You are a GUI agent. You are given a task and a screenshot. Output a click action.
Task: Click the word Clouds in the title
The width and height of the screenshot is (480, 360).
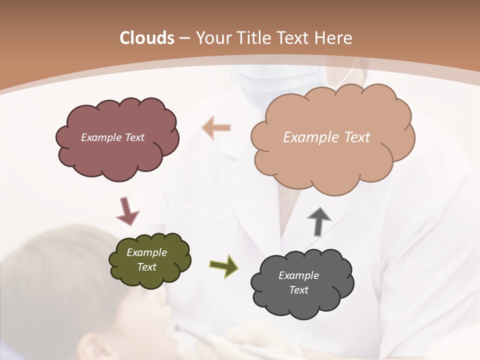click(x=146, y=38)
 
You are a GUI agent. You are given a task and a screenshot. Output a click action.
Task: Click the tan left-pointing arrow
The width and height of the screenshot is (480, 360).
click(x=216, y=128)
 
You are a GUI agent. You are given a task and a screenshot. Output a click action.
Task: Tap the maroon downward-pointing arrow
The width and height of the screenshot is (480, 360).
click(x=127, y=210)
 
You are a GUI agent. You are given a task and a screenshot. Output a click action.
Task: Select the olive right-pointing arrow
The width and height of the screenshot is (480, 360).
click(x=224, y=265)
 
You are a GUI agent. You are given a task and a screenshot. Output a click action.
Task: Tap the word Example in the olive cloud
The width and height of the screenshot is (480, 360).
click(x=146, y=252)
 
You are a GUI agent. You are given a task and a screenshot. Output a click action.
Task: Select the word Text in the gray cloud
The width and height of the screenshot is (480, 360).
click(x=298, y=290)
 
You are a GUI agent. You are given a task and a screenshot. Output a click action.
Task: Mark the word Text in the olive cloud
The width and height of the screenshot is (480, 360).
click(x=146, y=267)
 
